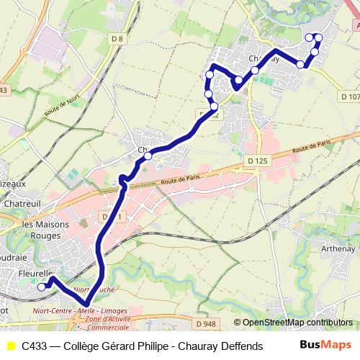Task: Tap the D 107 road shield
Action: point(350,96)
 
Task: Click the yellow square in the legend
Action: point(12,346)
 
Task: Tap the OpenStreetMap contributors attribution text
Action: point(297,323)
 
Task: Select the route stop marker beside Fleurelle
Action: point(41,287)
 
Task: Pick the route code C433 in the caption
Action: point(35,346)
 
